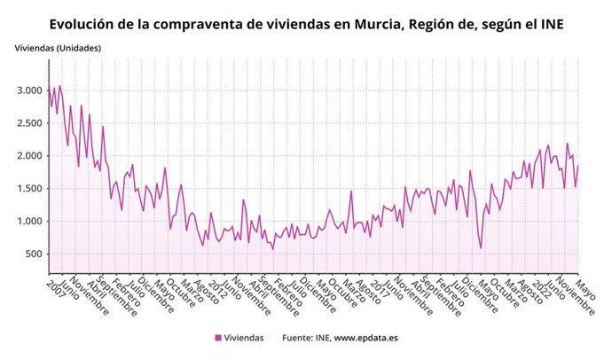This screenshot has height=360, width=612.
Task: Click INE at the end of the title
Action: tap(549, 25)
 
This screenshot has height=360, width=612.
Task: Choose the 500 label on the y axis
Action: tap(35, 254)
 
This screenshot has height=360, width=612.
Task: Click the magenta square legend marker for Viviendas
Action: tap(218, 338)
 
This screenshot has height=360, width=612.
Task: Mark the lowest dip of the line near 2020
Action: tap(481, 248)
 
